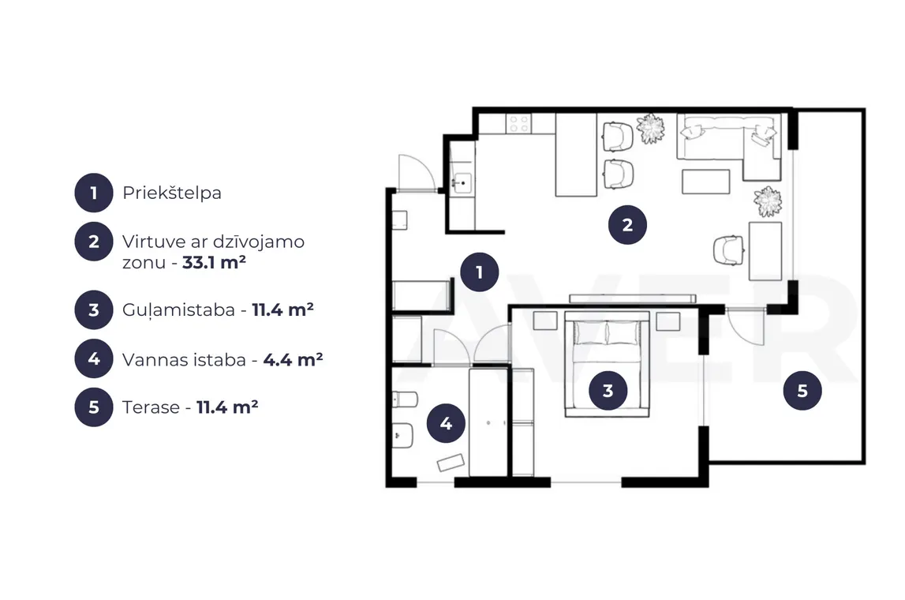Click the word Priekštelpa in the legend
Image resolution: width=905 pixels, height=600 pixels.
tap(171, 193)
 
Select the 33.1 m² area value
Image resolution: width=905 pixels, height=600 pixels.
tap(214, 263)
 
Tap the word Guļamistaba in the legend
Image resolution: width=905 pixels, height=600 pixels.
tap(178, 311)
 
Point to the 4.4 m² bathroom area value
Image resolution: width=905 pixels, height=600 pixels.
tap(293, 360)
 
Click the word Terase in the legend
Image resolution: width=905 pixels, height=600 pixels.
tap(151, 407)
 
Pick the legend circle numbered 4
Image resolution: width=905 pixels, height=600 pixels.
tap(94, 359)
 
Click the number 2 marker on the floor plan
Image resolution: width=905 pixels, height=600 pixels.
tap(627, 225)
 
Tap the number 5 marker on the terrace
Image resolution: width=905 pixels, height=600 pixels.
tap(802, 391)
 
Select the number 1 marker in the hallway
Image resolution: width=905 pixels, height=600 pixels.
tap(479, 272)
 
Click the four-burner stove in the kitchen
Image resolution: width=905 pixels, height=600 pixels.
tap(518, 124)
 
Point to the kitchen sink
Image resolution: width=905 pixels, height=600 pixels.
tap(462, 183)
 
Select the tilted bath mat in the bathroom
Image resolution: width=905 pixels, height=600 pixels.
tap(451, 463)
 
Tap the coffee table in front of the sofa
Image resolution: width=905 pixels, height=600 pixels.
tap(705, 182)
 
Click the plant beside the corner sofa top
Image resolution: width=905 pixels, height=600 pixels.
tap(650, 128)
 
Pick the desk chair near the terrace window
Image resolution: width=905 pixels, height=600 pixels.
tap(729, 250)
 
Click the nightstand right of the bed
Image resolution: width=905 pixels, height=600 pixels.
tap(668, 321)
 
